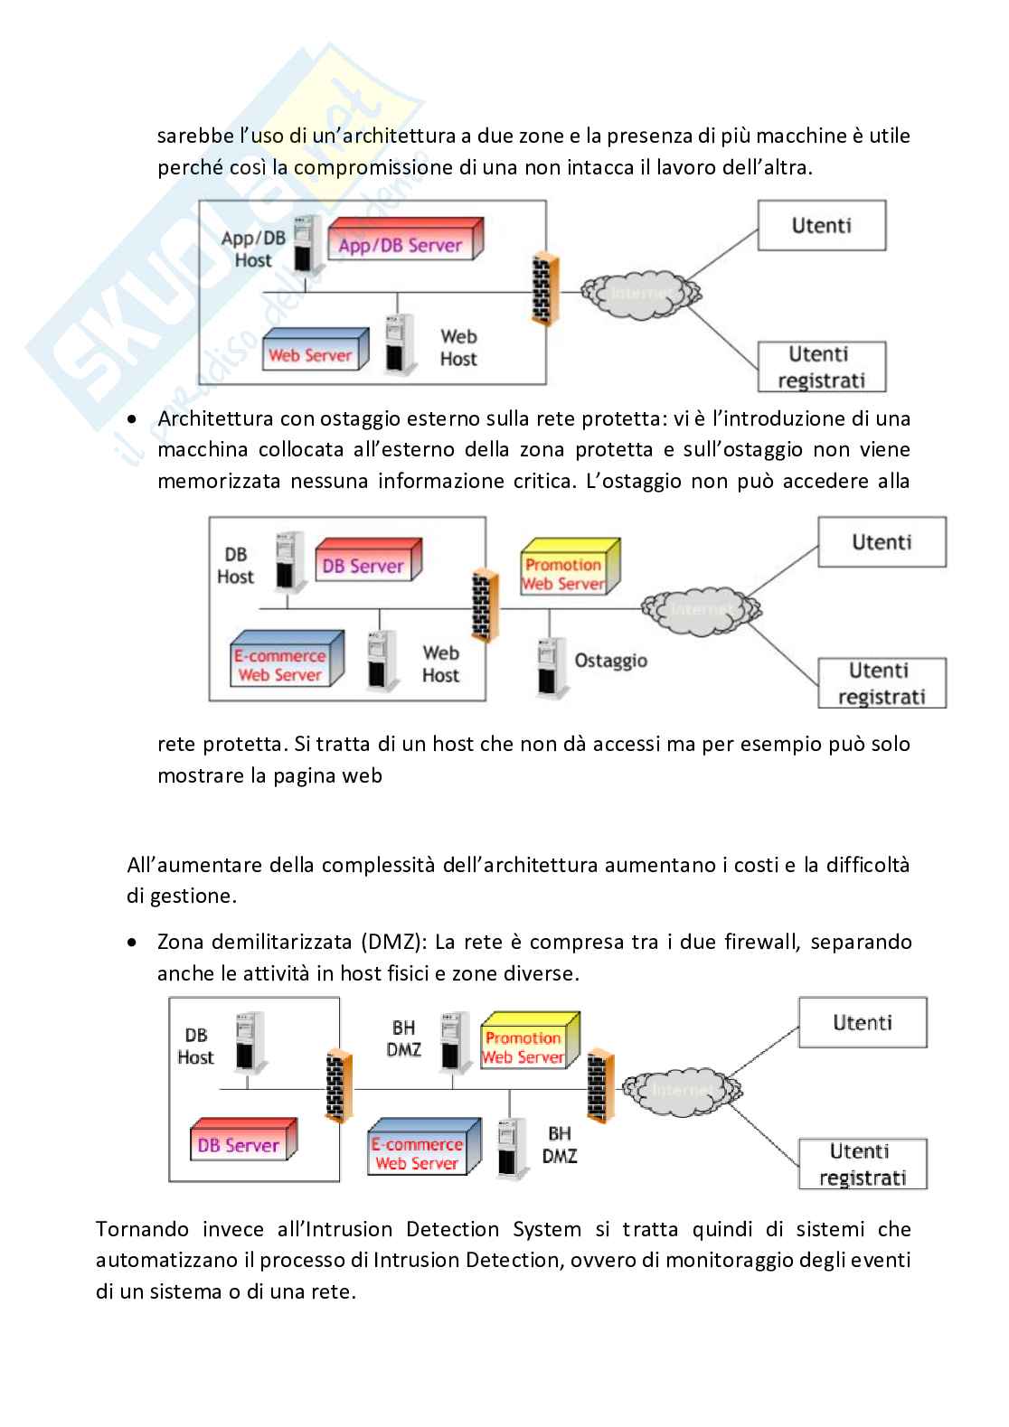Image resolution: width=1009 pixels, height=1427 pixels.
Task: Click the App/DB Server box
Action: [403, 241]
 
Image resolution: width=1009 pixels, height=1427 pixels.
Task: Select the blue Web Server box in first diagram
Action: [314, 352]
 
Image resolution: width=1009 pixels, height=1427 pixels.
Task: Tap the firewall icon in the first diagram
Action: [545, 289]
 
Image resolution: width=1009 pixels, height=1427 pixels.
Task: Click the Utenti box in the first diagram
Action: [821, 225]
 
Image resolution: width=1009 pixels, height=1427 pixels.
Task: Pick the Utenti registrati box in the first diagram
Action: [820, 366]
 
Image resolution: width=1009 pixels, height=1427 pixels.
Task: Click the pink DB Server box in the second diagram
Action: [367, 563]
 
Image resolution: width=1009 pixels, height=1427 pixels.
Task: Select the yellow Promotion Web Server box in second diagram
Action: [568, 570]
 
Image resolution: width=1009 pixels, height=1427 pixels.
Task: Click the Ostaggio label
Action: [610, 661]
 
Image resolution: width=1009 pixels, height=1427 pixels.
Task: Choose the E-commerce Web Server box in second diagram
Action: [286, 662]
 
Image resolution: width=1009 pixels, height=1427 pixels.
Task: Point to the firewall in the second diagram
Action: [486, 606]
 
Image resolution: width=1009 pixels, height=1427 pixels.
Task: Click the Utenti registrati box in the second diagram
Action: [882, 683]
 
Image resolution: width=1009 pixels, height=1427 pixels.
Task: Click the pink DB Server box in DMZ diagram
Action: [241, 1141]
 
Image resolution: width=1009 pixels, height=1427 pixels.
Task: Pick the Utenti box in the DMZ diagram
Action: [863, 1023]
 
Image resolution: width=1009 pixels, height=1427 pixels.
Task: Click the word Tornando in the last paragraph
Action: [142, 1229]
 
